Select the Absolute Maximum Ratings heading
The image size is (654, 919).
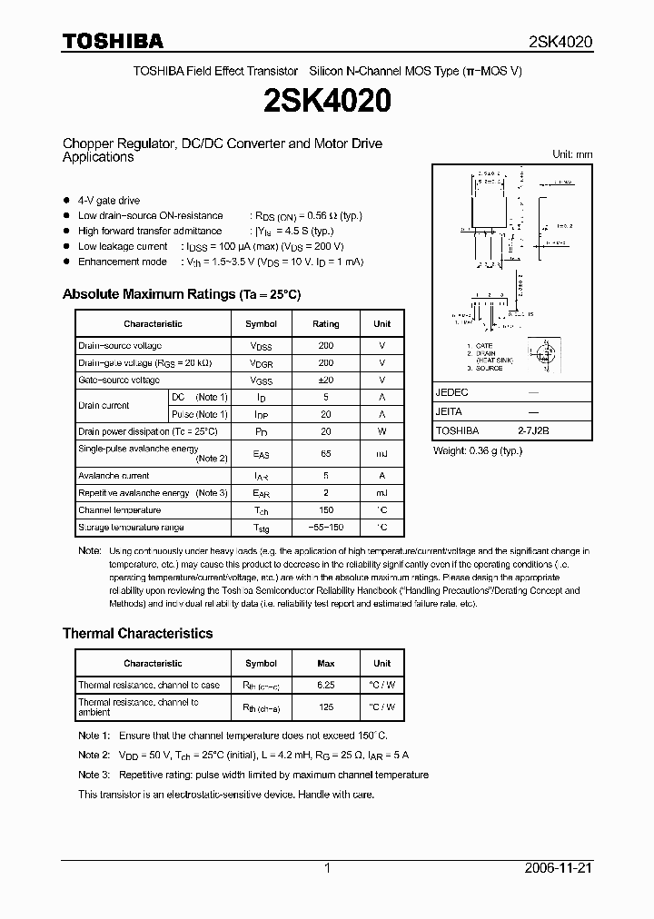(181, 294)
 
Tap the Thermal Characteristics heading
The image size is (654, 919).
(137, 633)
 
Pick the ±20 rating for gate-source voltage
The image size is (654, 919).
(325, 380)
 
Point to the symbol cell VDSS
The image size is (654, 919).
(262, 346)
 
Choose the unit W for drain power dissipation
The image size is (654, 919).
(382, 431)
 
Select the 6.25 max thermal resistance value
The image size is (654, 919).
(325, 685)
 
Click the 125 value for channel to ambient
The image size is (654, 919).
(325, 707)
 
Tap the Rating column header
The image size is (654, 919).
(325, 323)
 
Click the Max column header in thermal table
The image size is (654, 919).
(325, 663)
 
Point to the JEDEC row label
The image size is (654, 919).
(452, 393)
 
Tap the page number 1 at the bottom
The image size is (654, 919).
(327, 867)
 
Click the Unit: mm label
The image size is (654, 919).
(572, 154)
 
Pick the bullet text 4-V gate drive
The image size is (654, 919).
(109, 201)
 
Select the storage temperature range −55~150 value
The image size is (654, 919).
(325, 528)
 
